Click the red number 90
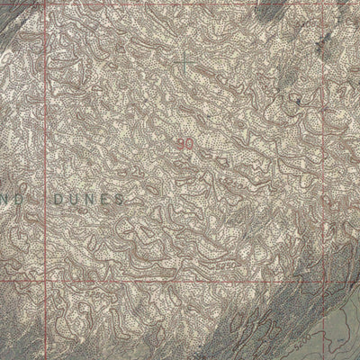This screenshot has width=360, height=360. (x=185, y=143)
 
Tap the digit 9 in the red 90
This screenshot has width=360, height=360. (x=182, y=143)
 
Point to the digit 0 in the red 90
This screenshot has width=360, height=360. (x=189, y=143)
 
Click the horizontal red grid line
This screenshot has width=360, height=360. (x=180, y=280)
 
